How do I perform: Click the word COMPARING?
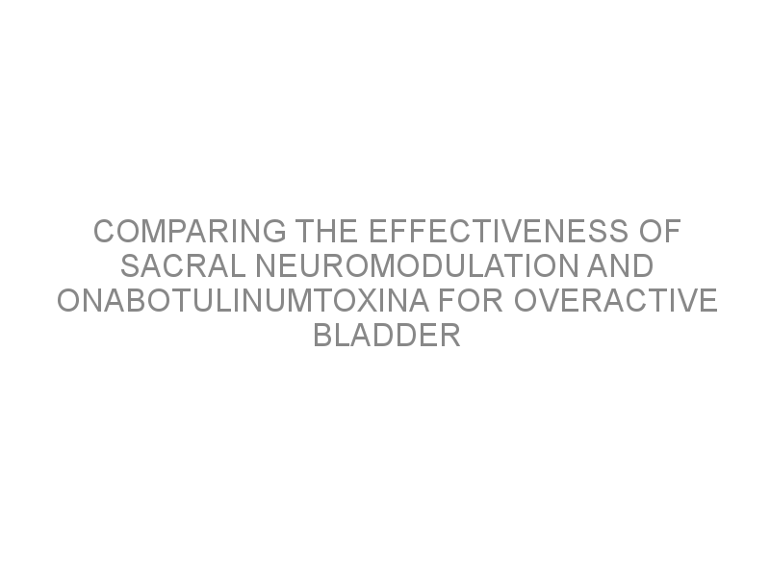click(x=190, y=231)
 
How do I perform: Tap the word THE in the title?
click(x=326, y=231)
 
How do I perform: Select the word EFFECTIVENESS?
click(x=499, y=231)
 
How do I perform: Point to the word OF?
click(x=659, y=231)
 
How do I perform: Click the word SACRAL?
click(x=183, y=266)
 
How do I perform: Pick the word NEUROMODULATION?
click(x=417, y=266)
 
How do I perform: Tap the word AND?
click(x=620, y=266)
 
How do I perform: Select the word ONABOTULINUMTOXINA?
click(x=244, y=300)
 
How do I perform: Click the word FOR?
click(x=471, y=300)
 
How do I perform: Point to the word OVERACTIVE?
click(x=616, y=300)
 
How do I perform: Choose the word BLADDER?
click(x=387, y=335)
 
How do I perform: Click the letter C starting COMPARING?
click(x=104, y=231)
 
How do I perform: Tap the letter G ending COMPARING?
click(x=275, y=231)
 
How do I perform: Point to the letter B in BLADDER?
click(x=323, y=335)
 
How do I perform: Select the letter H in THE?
click(x=326, y=231)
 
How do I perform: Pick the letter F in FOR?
click(x=448, y=300)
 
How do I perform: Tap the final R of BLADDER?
click(x=450, y=335)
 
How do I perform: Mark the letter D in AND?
click(x=643, y=266)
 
